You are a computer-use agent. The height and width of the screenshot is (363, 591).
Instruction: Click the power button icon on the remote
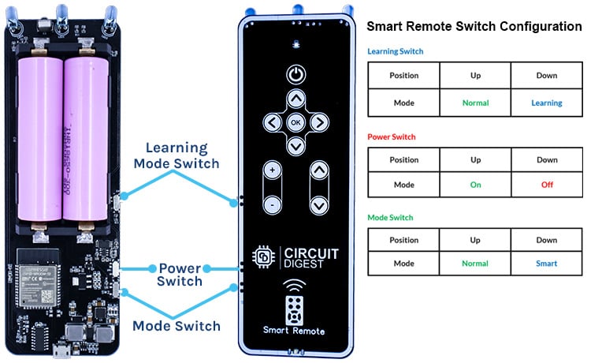tap(295, 75)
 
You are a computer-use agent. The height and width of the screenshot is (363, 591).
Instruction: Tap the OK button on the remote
tap(295, 122)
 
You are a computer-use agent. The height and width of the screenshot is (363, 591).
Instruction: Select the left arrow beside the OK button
tap(271, 122)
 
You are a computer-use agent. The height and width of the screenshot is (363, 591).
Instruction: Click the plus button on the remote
tap(272, 170)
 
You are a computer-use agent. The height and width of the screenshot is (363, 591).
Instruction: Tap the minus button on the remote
tap(272, 204)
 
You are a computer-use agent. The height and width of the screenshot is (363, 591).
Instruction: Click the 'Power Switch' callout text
tap(180, 274)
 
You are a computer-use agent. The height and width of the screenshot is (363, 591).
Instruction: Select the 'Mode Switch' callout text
tap(176, 325)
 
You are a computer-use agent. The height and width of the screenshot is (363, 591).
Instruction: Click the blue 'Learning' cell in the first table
tap(546, 103)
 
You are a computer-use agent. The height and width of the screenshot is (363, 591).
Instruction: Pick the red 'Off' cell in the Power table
tap(546, 183)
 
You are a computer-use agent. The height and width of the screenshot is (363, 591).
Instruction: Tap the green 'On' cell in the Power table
tap(475, 183)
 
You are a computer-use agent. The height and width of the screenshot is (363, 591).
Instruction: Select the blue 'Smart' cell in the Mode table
tap(546, 264)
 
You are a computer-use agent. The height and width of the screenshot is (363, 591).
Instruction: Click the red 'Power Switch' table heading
tap(392, 137)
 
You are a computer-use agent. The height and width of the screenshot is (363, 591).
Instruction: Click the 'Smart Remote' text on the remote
tap(295, 331)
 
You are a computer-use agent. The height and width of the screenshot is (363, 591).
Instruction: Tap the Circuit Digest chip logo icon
tap(262, 257)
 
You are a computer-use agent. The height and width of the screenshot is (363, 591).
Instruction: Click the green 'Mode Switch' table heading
tap(390, 217)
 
